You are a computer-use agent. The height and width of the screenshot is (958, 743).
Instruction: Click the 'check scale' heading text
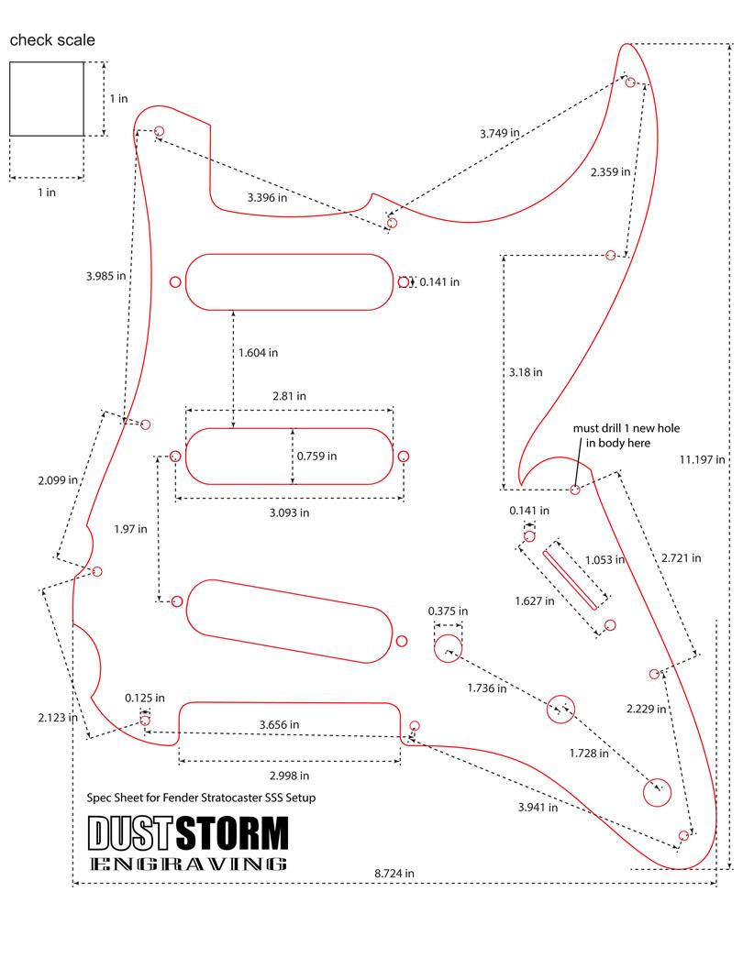pos(52,40)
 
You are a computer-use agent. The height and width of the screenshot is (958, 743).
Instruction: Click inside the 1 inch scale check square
pos(47,98)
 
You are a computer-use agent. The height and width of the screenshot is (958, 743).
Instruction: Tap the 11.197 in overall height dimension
pos(702,459)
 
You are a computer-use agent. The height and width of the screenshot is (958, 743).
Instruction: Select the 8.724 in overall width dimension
pos(394,873)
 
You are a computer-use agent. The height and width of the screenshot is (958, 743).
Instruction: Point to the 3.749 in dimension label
pos(500,133)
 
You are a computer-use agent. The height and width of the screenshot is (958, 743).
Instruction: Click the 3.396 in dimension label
pos(267,197)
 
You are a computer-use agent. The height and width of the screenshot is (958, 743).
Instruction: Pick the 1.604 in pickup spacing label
pos(258,353)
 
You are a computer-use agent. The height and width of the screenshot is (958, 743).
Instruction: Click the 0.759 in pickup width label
pos(316,456)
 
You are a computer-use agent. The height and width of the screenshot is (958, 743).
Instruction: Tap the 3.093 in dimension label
pos(289,512)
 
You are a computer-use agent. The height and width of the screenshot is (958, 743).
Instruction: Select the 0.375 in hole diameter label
pos(448,611)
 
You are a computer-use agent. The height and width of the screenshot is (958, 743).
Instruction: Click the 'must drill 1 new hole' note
pos(627,428)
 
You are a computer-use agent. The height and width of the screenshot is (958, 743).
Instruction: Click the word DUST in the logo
pos(129,833)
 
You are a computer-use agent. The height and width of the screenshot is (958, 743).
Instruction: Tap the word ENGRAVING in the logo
pos(188,864)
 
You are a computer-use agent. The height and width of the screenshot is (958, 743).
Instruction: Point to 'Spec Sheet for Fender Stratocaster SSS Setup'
pos(201,798)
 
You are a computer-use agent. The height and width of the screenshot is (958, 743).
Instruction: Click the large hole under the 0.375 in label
pos(449,648)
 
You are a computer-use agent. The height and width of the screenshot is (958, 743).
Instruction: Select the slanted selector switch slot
pos(570,579)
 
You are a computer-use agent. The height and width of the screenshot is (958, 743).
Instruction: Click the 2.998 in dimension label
pos(289,776)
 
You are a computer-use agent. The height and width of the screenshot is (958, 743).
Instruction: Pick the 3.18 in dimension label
pos(526,372)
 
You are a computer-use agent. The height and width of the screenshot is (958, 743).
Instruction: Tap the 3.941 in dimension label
pos(538,807)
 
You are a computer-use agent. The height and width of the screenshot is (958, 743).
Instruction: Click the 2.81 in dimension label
pos(289,396)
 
